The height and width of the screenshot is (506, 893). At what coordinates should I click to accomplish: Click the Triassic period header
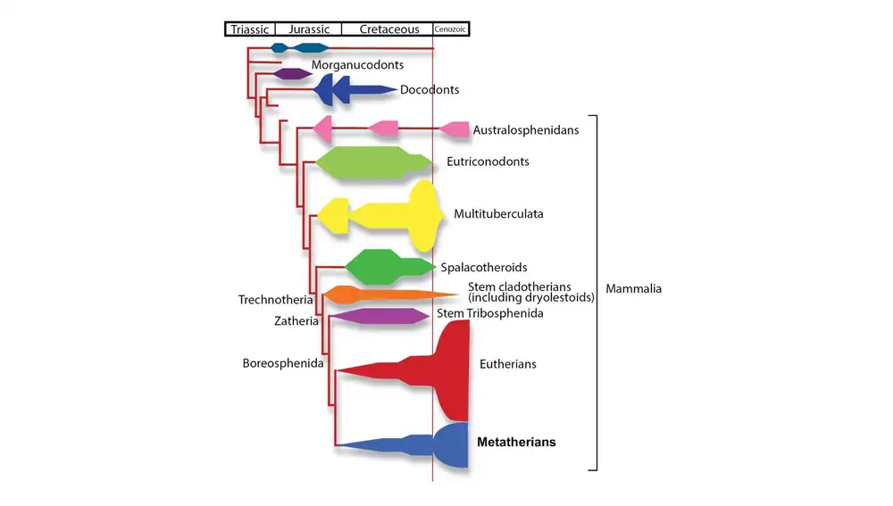[x=249, y=29]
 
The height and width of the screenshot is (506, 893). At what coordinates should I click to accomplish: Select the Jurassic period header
[x=309, y=29]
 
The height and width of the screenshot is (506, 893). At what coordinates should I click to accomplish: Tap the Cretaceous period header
[x=389, y=29]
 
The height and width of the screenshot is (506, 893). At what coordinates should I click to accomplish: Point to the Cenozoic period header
[x=451, y=29]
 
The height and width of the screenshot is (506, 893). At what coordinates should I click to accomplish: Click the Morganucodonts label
[x=357, y=65]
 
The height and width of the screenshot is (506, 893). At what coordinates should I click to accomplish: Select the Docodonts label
[x=430, y=90]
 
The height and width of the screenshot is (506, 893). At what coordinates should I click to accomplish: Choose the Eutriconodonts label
[x=488, y=162]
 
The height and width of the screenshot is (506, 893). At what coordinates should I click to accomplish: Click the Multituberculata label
[x=498, y=214]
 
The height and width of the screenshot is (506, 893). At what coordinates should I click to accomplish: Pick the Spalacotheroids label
[x=483, y=268]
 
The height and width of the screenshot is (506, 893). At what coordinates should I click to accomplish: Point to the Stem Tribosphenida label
[x=489, y=313]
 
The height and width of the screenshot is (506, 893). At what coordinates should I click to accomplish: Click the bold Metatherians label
[x=516, y=443]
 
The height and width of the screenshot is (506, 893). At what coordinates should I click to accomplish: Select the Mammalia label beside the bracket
[x=633, y=289]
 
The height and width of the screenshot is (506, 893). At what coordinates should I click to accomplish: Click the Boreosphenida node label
[x=282, y=363]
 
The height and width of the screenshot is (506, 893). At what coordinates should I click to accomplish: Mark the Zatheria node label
[x=296, y=321]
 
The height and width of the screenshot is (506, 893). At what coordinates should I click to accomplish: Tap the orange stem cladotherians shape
[x=375, y=294]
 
